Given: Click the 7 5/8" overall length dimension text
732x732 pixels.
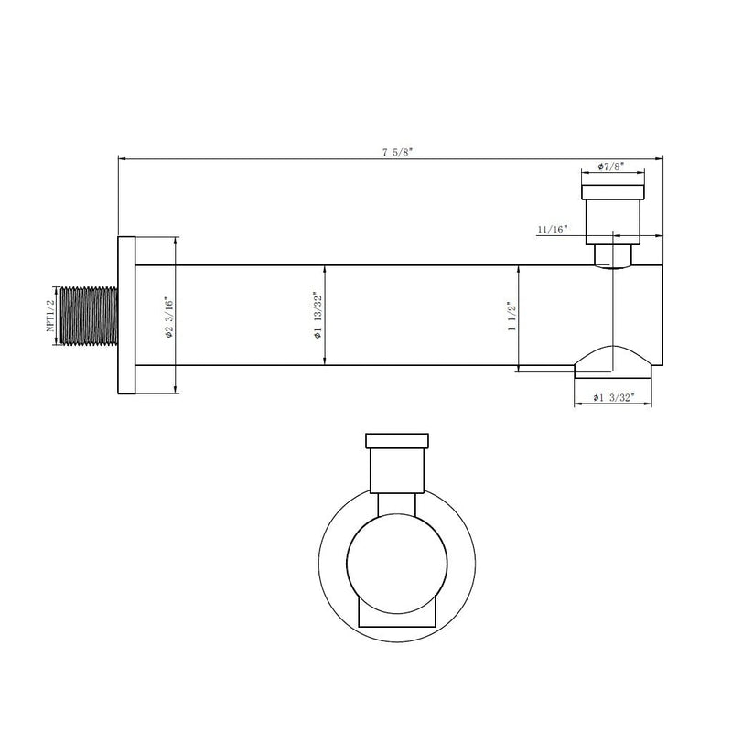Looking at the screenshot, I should tap(398, 152).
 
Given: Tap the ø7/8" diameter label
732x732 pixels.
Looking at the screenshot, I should tap(611, 167).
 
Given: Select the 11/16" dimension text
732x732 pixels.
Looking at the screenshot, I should tap(554, 229).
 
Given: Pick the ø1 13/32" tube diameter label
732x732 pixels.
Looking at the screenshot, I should tap(317, 317).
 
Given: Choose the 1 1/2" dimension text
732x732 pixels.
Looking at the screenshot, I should tap(512, 317).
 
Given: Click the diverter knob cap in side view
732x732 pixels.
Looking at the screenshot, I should tap(613, 190).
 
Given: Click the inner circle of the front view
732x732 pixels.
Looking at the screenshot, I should tap(397, 560).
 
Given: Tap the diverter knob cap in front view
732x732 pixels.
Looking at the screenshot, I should tap(397, 440).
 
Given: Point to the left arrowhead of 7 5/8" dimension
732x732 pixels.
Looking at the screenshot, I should tap(122, 159).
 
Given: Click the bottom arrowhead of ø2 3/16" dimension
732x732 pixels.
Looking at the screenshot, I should tap(175, 391).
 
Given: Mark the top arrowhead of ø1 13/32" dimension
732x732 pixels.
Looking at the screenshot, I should tap(325, 268).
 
